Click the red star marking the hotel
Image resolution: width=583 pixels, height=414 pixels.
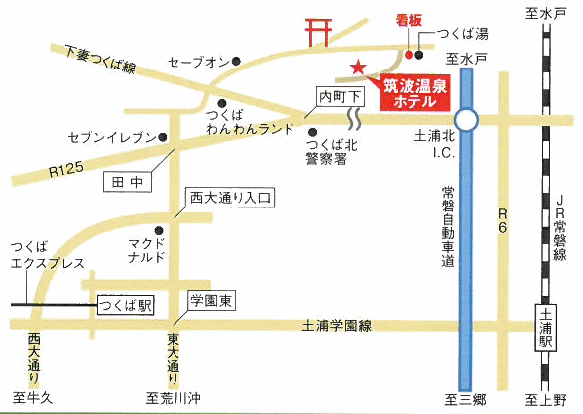(358, 68)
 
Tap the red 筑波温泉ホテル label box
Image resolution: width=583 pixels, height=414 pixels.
(414, 93)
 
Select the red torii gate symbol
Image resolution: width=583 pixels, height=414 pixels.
(318, 32)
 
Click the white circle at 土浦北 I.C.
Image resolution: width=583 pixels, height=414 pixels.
(466, 120)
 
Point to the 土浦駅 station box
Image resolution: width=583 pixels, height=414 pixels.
(546, 328)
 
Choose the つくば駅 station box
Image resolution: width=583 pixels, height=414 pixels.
(126, 306)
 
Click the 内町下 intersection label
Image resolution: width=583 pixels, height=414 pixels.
(340, 98)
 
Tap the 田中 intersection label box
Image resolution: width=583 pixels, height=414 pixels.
(127, 182)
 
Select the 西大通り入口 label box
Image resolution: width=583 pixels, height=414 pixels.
(230, 198)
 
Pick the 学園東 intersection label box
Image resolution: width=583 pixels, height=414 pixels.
(211, 301)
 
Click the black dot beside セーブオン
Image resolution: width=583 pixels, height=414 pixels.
(236, 61)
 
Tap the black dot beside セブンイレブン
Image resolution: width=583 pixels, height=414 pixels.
(163, 137)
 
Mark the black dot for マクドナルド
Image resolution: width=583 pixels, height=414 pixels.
(159, 230)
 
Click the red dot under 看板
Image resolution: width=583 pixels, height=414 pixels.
(408, 55)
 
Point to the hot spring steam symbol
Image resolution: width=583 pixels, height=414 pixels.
(354, 119)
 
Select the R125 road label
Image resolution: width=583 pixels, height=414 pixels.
(65, 170)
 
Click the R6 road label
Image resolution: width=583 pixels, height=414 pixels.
(503, 220)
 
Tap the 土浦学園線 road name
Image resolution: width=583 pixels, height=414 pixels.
(337, 326)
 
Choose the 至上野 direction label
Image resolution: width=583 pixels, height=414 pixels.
(545, 401)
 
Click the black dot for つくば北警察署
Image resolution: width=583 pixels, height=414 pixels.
(313, 132)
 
